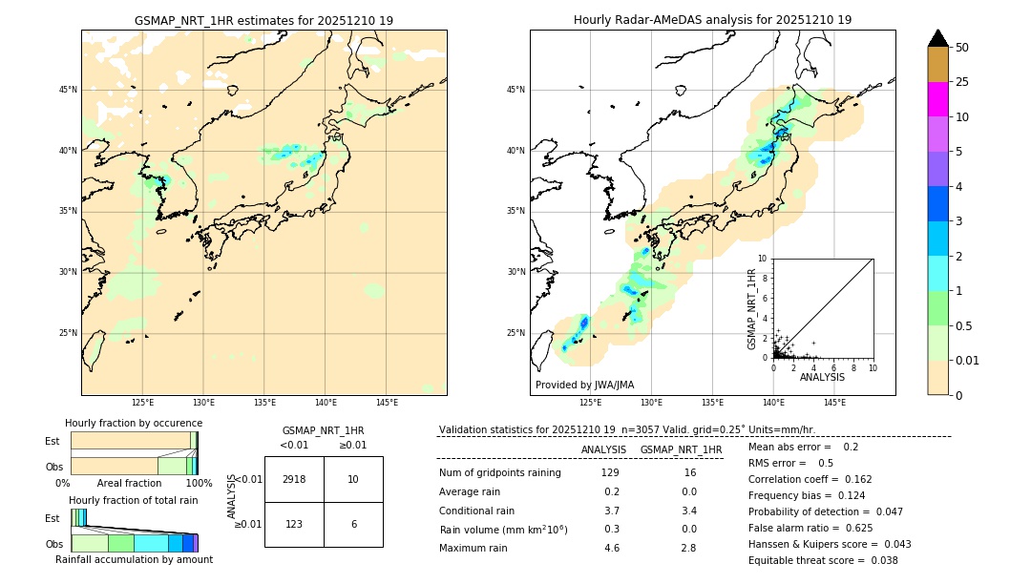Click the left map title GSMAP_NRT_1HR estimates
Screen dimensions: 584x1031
(x=263, y=20)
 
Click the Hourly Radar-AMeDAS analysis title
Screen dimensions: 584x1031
(x=712, y=20)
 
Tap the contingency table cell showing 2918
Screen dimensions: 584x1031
(x=294, y=479)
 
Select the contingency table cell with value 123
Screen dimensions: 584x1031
(x=294, y=524)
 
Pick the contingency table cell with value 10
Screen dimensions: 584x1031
(x=353, y=479)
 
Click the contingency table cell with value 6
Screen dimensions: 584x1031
(x=353, y=524)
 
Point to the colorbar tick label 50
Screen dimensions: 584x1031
(x=962, y=47)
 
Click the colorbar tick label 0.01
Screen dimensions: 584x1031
(x=968, y=361)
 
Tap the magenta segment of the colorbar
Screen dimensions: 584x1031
(x=937, y=99)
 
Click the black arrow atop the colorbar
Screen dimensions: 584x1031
(x=937, y=38)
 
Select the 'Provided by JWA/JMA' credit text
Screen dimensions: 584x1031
(x=584, y=385)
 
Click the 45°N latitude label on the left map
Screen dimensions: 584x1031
(x=68, y=90)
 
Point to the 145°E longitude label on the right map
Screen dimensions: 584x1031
(x=834, y=403)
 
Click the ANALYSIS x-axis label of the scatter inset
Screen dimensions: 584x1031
(x=822, y=377)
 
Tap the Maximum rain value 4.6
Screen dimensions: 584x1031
(x=611, y=548)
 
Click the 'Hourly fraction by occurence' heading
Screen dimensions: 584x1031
(x=134, y=423)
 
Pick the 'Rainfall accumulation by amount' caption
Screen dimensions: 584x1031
(x=134, y=559)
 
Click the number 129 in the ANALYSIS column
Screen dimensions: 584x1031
(x=610, y=472)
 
